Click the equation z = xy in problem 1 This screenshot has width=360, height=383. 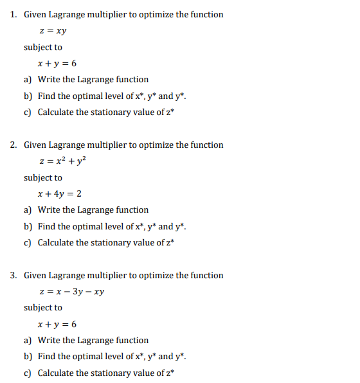(53, 31)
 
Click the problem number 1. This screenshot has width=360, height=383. (14, 15)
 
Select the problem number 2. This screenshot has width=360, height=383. (14, 145)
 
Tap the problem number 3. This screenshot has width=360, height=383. (14, 276)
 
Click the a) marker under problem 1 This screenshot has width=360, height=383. (28, 80)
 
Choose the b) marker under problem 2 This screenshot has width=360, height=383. (28, 226)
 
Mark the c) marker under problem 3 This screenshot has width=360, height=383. (28, 373)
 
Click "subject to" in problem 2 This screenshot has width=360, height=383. (43, 178)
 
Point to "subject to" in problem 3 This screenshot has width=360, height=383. (43, 308)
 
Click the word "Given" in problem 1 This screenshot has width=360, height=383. (35, 15)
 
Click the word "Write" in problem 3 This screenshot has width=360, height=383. (49, 341)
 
